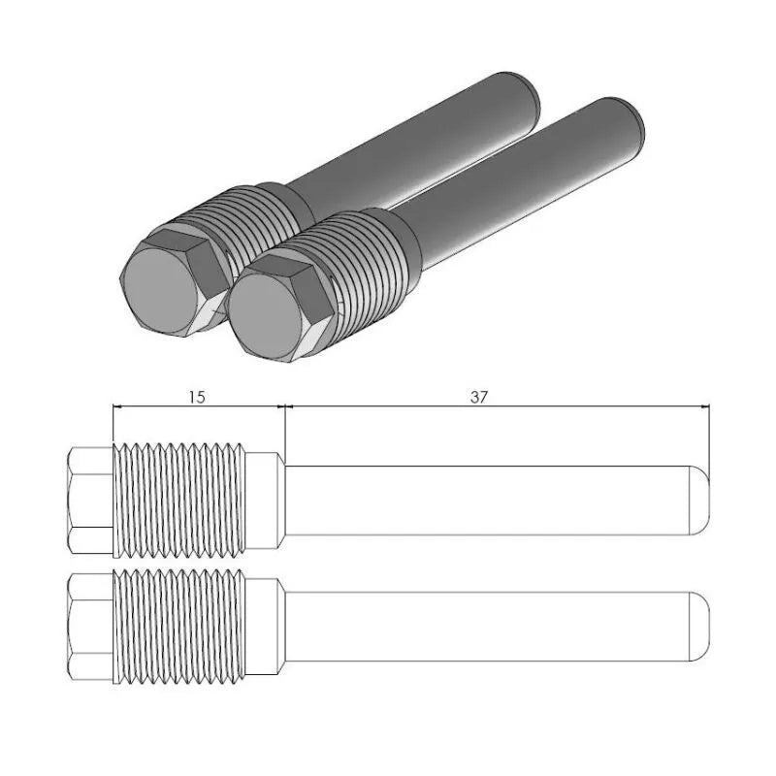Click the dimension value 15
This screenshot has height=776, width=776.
click(x=197, y=397)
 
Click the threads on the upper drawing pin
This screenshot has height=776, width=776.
click(x=179, y=500)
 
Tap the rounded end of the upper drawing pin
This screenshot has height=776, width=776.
click(x=700, y=500)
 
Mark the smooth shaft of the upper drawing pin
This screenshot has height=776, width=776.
click(x=485, y=500)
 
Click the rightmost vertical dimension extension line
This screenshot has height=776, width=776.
click(x=710, y=436)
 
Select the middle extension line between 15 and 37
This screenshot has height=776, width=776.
click(x=283, y=427)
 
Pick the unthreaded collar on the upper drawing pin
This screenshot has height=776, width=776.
click(x=264, y=500)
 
